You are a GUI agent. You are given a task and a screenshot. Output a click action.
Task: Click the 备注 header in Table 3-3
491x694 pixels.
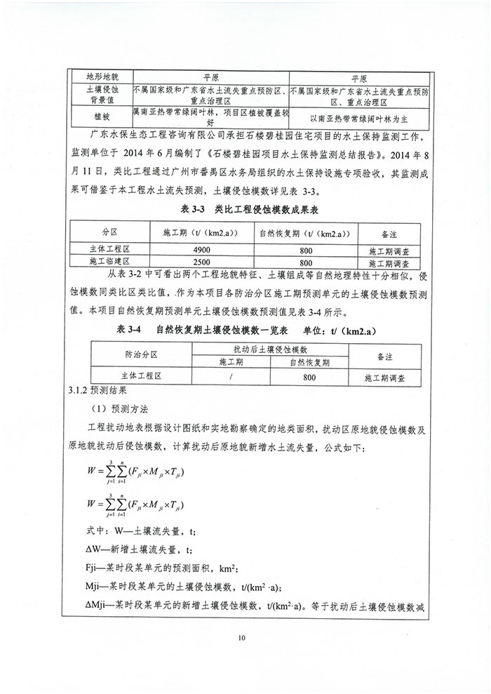(x=389, y=232)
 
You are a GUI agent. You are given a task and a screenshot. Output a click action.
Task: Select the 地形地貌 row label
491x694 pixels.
(x=102, y=75)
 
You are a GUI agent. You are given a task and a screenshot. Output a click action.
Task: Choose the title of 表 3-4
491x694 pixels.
(x=247, y=329)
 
